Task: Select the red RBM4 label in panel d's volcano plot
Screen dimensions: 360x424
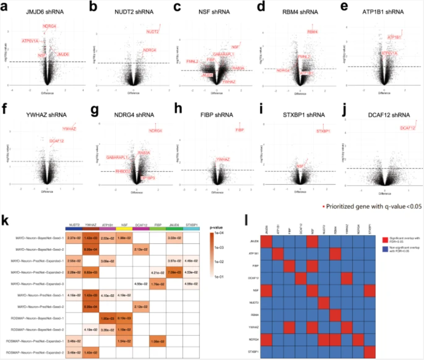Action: [x=312, y=32]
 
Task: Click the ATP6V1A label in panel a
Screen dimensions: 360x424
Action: [x=30, y=41]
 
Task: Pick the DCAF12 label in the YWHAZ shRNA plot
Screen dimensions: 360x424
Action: [x=57, y=141]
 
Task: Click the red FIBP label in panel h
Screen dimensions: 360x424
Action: [x=240, y=130]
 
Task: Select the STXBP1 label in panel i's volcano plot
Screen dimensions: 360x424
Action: [x=323, y=131]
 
